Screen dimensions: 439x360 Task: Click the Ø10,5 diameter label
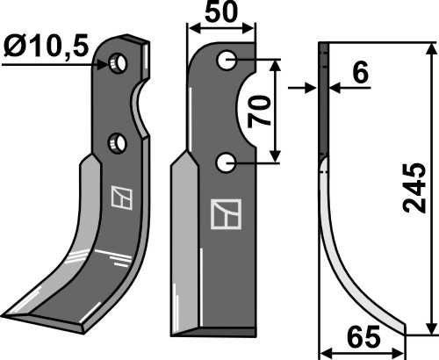point(47,47)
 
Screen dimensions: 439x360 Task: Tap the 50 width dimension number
point(220,12)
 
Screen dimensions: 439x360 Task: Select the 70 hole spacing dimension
point(259,112)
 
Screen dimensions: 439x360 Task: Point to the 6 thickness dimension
point(360,72)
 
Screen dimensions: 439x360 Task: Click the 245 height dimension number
point(414,188)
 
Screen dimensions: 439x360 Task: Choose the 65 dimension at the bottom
point(363,335)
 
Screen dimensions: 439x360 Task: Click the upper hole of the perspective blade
point(118,63)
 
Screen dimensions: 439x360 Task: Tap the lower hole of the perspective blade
point(118,142)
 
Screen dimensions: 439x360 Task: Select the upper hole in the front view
point(227,60)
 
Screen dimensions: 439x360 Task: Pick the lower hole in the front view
point(227,163)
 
